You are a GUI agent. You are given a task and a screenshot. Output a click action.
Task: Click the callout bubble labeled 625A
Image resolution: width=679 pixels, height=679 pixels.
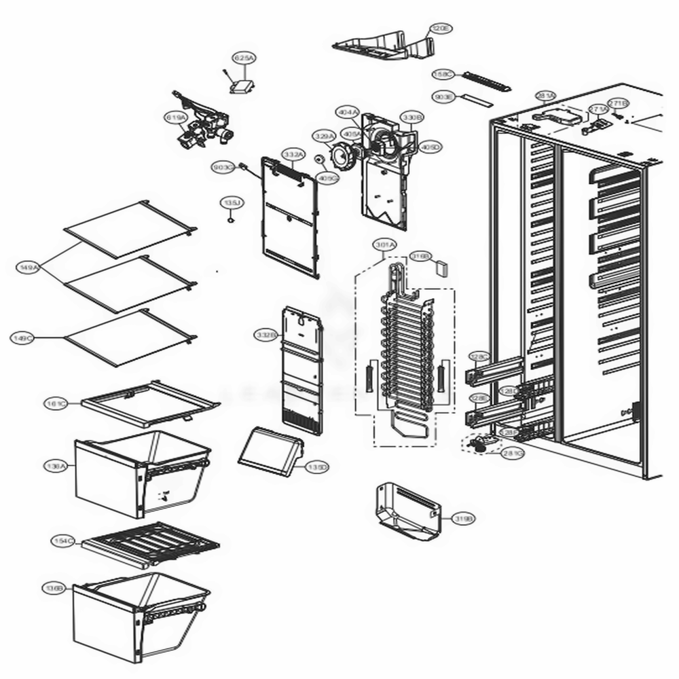click(x=243, y=59)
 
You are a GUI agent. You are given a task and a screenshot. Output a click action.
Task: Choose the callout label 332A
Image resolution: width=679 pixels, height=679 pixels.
click(x=293, y=155)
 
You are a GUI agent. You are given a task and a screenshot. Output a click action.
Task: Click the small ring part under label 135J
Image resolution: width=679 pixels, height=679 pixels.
click(x=231, y=219)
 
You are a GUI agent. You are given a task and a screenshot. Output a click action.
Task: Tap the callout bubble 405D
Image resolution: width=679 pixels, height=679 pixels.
click(x=430, y=147)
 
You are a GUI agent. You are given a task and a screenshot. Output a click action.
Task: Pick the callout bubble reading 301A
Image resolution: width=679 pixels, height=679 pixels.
click(x=384, y=244)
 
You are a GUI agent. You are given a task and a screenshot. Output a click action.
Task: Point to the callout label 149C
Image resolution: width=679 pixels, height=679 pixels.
click(x=23, y=337)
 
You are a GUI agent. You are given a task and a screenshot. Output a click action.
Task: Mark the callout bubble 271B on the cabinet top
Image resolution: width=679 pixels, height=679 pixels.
click(x=617, y=103)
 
